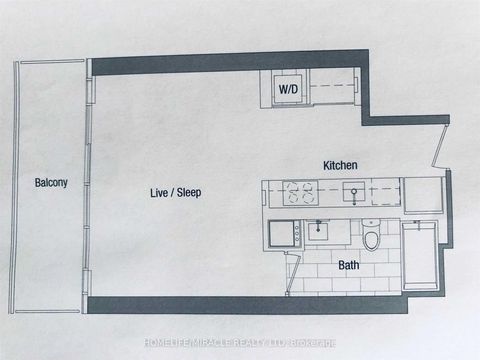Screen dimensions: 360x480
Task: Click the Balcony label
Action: coord(51,183)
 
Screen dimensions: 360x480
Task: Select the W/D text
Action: coord(287,89)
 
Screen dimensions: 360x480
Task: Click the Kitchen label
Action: coord(340,164)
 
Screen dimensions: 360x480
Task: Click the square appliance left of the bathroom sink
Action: coord(284,234)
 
